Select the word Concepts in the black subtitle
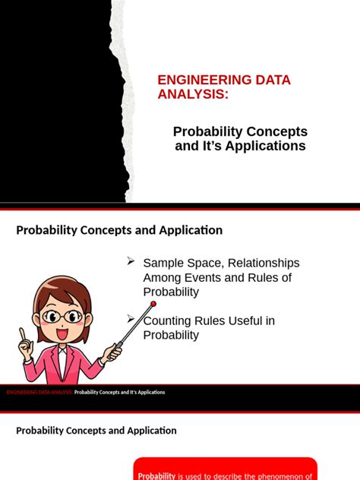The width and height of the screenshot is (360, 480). coord(277,131)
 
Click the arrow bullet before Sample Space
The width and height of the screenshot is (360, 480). coord(131,261)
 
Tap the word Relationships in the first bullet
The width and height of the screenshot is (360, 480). coord(263,263)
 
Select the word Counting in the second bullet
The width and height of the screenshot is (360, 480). coord(168,321)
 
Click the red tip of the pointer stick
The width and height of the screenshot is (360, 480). coord(153,304)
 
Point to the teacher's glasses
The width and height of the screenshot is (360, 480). coord(63,315)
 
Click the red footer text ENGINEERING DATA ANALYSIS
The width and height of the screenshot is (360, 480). coord(39,393)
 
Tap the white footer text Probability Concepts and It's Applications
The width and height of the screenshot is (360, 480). coord(119,393)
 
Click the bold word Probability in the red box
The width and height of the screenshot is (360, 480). coord(156,476)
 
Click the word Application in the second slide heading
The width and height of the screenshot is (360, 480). coord(149,431)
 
